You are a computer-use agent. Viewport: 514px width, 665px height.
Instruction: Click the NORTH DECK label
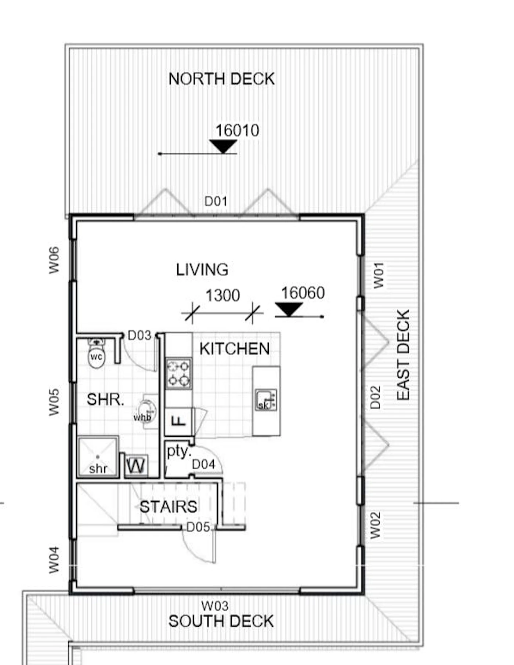[221, 79]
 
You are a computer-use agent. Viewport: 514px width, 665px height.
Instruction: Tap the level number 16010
[237, 130]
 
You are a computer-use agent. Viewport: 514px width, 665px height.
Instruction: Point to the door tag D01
[216, 201]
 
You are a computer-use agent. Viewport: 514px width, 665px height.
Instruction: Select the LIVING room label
[202, 270]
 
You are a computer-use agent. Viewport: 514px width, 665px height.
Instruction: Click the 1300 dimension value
[222, 295]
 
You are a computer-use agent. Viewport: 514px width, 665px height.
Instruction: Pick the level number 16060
[303, 293]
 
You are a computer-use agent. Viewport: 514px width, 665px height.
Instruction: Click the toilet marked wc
[97, 354]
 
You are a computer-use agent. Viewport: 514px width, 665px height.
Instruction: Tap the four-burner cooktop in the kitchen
[179, 373]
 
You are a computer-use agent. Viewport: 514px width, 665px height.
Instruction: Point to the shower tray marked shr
[98, 457]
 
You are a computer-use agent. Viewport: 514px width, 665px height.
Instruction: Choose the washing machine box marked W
[136, 466]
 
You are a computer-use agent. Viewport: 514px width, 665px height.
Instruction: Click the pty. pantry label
[179, 451]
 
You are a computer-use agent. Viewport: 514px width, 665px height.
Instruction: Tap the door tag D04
[203, 464]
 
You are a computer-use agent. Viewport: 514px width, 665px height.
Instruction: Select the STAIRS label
[169, 507]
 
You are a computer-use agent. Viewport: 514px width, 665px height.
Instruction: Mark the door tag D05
[198, 527]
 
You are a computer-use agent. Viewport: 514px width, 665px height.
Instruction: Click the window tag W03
[215, 606]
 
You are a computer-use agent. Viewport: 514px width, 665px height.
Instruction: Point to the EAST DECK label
[403, 355]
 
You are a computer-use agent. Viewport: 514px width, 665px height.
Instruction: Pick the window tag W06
[54, 260]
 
